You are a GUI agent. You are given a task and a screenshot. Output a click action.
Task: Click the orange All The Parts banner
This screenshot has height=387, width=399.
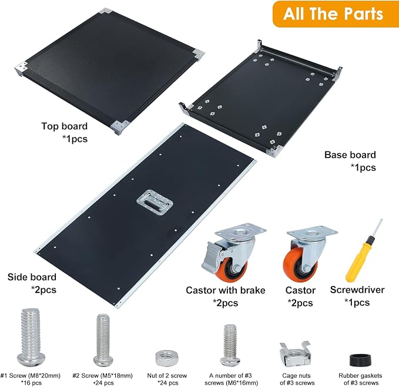tap(336, 14)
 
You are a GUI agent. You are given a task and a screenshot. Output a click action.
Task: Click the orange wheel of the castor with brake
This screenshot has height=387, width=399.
tap(232, 270)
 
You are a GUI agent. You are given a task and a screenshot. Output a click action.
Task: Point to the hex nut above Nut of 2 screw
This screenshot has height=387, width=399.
tap(167, 358)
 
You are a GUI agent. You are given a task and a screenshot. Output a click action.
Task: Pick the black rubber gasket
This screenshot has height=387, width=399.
tap(360, 360)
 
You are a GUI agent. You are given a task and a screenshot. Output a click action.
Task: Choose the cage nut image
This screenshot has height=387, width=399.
tap(295, 354)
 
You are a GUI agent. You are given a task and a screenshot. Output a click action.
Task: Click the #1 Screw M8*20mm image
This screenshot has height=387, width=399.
tap(31, 338)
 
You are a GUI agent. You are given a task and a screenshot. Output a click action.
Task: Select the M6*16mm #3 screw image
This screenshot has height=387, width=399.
tap(230, 345)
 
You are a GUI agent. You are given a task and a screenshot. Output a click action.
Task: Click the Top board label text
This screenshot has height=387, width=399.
tap(65, 126)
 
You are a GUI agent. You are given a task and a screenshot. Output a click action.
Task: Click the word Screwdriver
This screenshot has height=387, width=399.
tap(357, 290)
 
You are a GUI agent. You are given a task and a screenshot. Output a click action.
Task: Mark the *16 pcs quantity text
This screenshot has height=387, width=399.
tap(31, 383)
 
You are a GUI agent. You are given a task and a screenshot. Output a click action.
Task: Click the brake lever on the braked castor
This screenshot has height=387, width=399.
tap(210, 256)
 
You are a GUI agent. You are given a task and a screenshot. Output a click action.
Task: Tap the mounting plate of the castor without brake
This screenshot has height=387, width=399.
tap(312, 232)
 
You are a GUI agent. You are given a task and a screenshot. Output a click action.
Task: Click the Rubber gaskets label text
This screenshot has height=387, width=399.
tap(360, 376)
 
